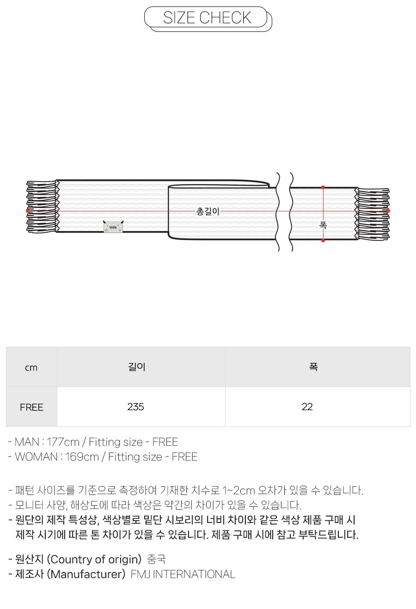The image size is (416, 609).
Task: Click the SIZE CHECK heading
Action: [x=207, y=18]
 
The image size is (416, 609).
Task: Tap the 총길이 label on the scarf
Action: [x=208, y=212]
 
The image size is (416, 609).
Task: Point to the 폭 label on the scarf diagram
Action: [x=323, y=226]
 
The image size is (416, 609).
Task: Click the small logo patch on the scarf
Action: [x=113, y=227]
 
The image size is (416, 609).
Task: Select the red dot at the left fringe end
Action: [x=28, y=211]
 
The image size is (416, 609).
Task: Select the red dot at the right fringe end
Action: [x=388, y=211]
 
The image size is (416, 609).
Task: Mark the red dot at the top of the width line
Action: [x=323, y=187]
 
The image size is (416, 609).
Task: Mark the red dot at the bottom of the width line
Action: [x=323, y=240]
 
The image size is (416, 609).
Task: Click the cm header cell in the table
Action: [x=31, y=368]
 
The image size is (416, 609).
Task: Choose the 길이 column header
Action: [x=136, y=367]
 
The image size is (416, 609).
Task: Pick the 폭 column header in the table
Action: [x=313, y=367]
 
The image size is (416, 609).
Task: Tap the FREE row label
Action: [x=31, y=407]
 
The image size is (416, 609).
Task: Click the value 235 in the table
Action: [x=135, y=407]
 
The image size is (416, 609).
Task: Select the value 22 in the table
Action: [x=307, y=407]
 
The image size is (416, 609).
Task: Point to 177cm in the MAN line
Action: [x=63, y=442]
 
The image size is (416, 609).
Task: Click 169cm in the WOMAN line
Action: [x=82, y=457]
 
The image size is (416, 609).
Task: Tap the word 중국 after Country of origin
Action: [x=156, y=560]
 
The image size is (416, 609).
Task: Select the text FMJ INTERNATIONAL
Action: [x=183, y=574]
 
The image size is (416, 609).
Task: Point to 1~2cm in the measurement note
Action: [x=239, y=491]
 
